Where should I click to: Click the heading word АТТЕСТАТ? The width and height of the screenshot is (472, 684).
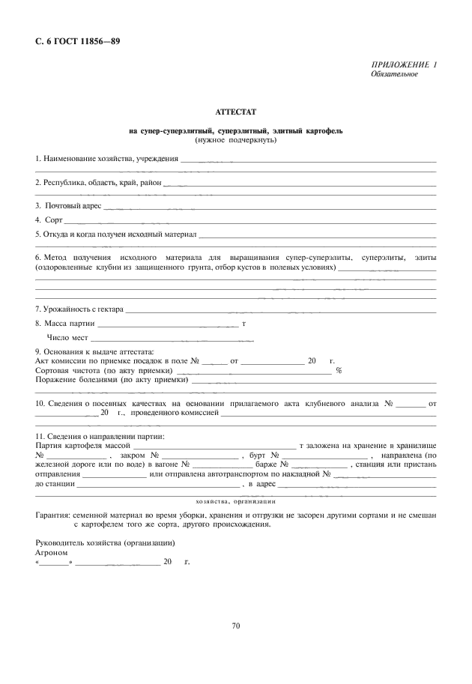[x=235, y=112]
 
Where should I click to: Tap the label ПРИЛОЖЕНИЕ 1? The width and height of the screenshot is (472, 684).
[x=404, y=65]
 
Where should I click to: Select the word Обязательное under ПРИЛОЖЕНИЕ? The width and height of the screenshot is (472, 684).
[x=394, y=74]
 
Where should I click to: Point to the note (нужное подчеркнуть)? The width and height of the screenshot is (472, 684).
[x=235, y=140]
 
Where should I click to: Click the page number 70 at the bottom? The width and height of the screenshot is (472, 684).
[x=236, y=626]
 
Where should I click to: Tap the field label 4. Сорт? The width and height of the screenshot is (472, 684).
[x=49, y=220]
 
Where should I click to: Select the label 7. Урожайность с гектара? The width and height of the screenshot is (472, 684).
[x=79, y=309]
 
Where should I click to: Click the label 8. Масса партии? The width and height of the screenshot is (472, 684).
[x=65, y=324]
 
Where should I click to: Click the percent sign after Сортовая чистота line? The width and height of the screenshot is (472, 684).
[x=339, y=370]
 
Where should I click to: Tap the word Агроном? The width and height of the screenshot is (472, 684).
[x=52, y=551]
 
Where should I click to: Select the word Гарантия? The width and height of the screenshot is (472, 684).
[x=53, y=516]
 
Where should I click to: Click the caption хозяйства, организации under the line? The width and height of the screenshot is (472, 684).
[x=235, y=501]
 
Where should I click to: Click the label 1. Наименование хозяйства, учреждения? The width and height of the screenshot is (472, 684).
[x=107, y=158]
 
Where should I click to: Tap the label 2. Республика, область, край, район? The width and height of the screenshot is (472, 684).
[x=98, y=182]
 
